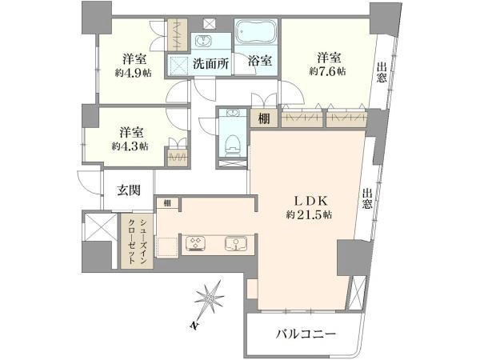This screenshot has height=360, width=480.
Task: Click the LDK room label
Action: pyautogui.click(x=311, y=201)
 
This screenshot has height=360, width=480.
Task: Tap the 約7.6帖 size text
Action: pyautogui.click(x=327, y=72)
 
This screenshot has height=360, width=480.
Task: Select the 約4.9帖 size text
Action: pyautogui.click(x=134, y=73)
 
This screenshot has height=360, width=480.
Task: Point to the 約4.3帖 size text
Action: pyautogui.click(x=130, y=146)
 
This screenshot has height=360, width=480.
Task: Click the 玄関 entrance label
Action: pyautogui.click(x=129, y=190)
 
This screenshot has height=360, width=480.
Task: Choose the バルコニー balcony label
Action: pyautogui.click(x=306, y=334)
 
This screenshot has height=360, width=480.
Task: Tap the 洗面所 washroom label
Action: pyautogui.click(x=211, y=64)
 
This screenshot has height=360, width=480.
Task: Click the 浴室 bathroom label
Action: pyautogui.click(x=259, y=62)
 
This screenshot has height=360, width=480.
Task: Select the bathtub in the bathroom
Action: pyautogui.click(x=256, y=31)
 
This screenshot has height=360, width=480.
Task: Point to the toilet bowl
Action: pyautogui.click(x=233, y=144)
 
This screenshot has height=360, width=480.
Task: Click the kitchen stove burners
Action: pyautogui.click(x=194, y=244)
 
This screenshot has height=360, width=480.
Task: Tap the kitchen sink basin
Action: pyautogui.click(x=236, y=244)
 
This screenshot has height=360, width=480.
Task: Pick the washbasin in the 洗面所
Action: pyautogui.click(x=202, y=41)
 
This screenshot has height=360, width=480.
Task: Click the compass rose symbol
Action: pyautogui.click(x=210, y=297)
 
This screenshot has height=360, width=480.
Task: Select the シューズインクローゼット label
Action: pyautogui.click(x=137, y=242)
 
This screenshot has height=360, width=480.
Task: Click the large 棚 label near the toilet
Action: pyautogui.click(x=264, y=118)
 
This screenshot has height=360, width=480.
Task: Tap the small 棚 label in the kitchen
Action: pyautogui.click(x=167, y=203)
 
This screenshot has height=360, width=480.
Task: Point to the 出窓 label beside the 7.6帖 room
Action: pyautogui.click(x=381, y=72)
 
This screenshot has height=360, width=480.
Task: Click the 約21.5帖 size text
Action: pyautogui.click(x=309, y=215)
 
